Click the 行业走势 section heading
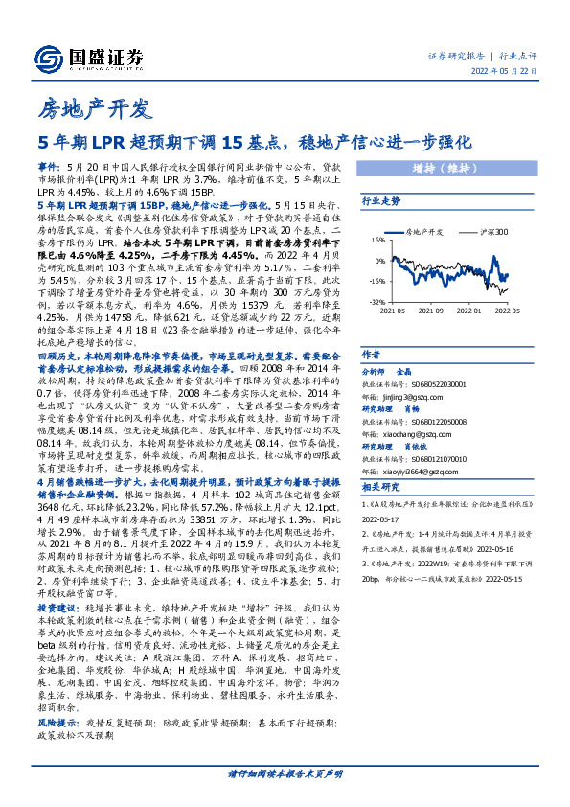click(x=379, y=202)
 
